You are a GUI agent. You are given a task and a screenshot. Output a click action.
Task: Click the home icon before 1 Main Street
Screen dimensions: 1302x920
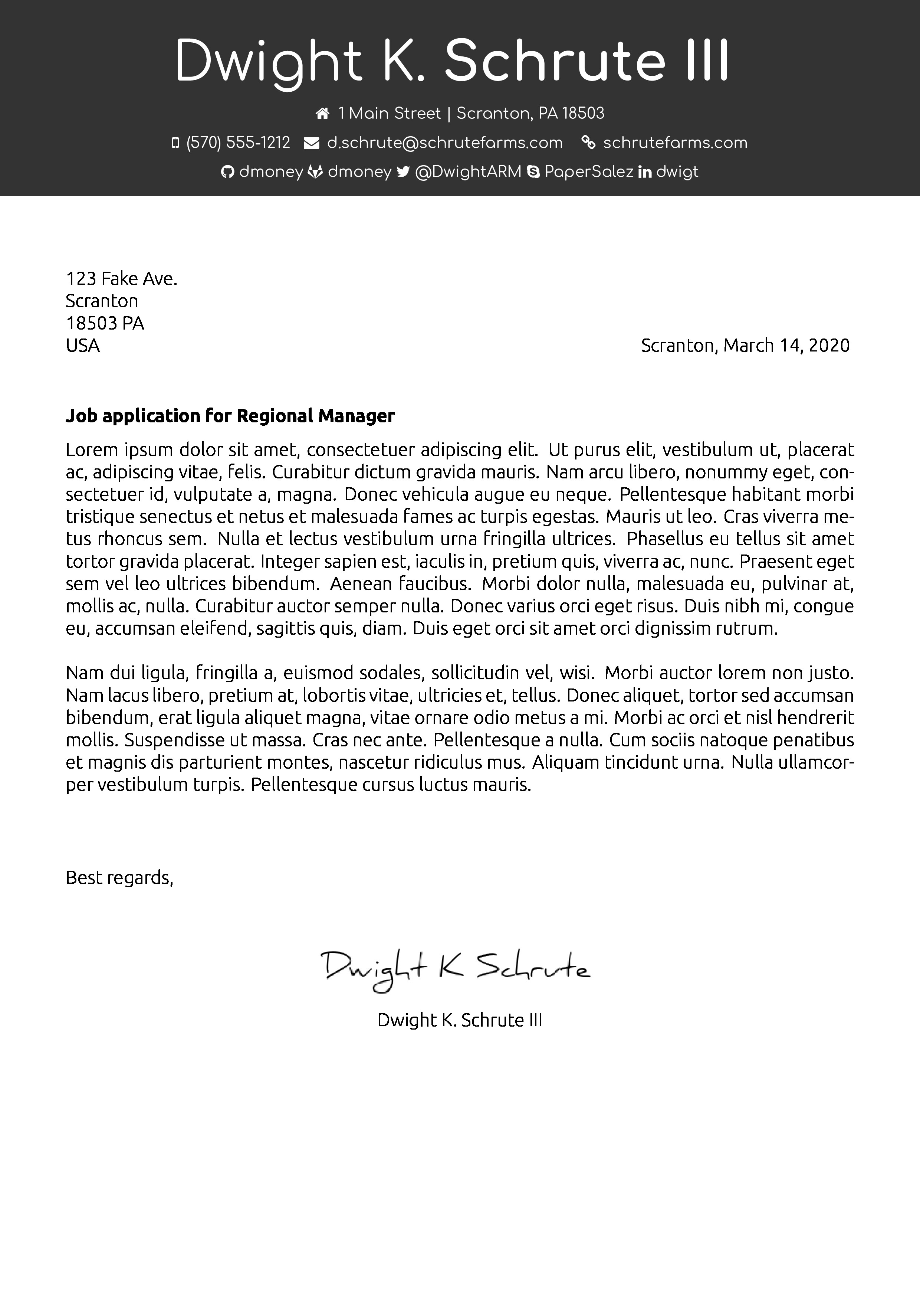(322, 114)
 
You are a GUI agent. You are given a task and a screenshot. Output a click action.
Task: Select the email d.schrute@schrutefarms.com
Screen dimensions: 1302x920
(445, 143)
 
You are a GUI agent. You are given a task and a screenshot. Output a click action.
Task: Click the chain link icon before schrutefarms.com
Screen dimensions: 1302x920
(588, 143)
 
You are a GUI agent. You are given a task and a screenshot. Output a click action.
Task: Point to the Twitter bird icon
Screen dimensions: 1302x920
(403, 172)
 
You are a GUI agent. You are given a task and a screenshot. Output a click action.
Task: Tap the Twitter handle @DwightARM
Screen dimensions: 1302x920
(468, 172)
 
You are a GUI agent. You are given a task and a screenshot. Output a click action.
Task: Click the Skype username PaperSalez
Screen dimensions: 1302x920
(589, 172)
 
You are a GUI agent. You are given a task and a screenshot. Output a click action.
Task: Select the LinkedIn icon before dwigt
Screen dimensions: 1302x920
(644, 172)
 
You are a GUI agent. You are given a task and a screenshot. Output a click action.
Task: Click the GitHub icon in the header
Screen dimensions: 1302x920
(227, 172)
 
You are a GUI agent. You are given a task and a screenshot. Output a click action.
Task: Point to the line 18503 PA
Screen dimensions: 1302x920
(105, 323)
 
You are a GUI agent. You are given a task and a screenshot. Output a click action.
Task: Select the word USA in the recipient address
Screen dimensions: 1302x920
(83, 345)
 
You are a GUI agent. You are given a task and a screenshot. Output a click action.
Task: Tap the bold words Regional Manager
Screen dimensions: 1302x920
(315, 416)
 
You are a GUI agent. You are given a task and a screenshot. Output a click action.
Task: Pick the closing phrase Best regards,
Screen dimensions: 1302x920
(119, 877)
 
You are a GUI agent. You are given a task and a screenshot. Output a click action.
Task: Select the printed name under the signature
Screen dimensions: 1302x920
(460, 1020)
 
